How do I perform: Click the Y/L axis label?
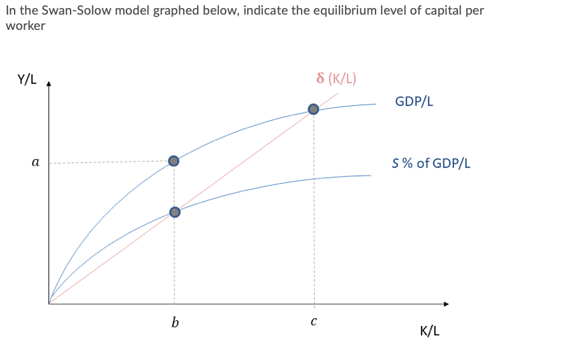pos(27,81)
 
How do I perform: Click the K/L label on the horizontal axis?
pos(430,331)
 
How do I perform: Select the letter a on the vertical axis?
pos(35,162)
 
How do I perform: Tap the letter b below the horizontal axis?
pos(174,323)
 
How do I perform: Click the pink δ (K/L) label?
pos(336,78)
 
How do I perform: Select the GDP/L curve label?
pos(414,102)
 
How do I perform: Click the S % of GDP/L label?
pos(431,163)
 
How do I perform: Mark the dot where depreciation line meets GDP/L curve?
pos(313,109)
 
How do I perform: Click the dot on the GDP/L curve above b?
pos(174,161)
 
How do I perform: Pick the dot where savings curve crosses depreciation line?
pos(174,212)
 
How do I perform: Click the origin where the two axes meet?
pos(49,304)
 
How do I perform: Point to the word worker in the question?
pos(25,26)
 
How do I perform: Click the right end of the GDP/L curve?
pos(376,104)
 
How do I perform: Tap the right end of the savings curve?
pos(370,175)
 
